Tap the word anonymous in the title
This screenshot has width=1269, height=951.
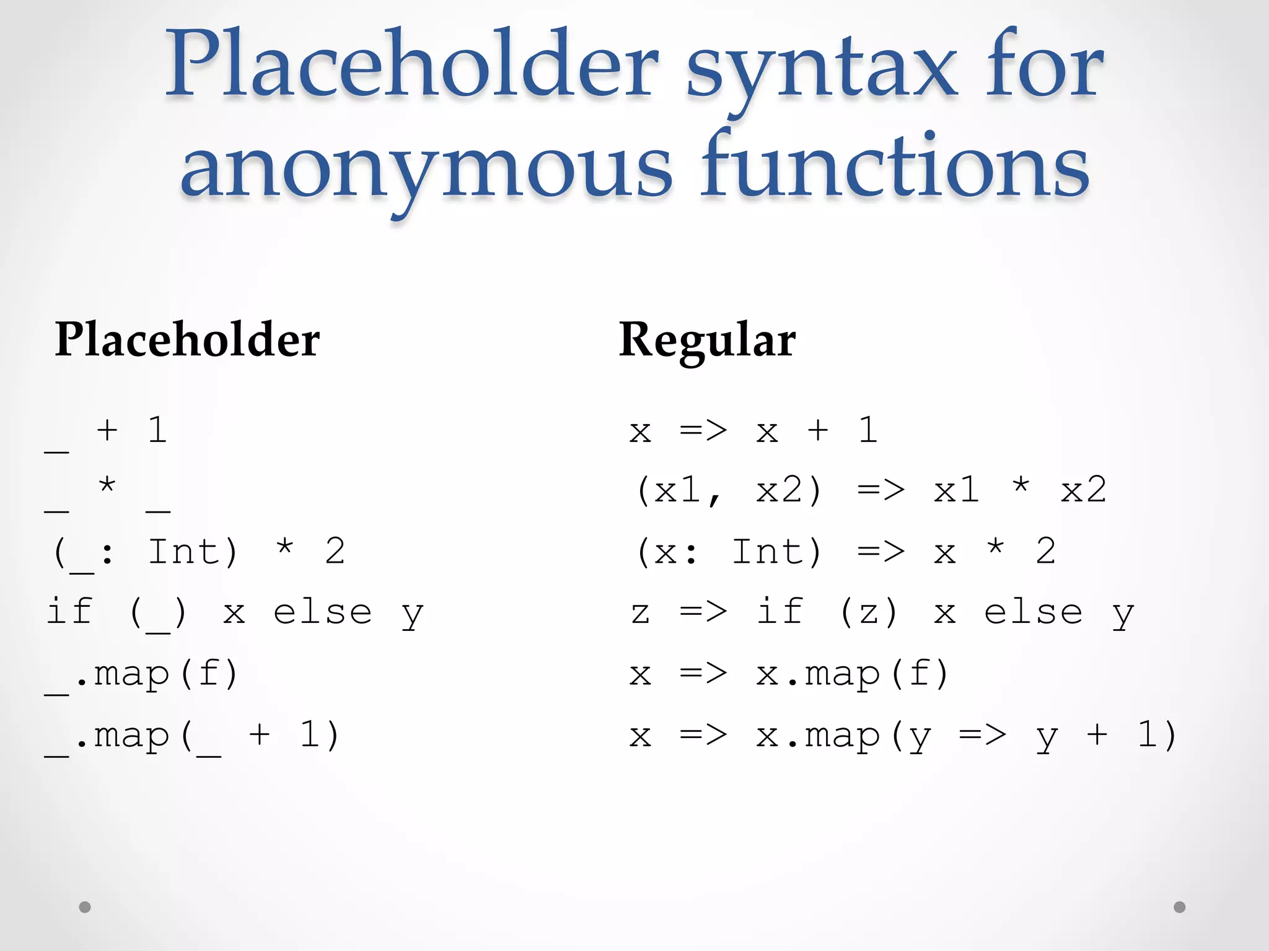(x=426, y=167)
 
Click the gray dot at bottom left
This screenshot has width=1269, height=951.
(x=85, y=907)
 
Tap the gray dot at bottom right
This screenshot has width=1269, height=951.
(x=1179, y=907)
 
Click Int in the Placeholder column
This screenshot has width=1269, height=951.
(x=184, y=551)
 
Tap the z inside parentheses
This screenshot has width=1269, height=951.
(x=869, y=613)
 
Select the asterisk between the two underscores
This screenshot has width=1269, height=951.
(x=107, y=485)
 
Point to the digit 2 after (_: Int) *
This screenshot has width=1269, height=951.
(x=335, y=551)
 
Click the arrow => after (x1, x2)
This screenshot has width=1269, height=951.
(x=881, y=490)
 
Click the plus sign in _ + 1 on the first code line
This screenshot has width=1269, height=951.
(x=107, y=430)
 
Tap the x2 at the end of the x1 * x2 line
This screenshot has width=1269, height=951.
(x=1083, y=490)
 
